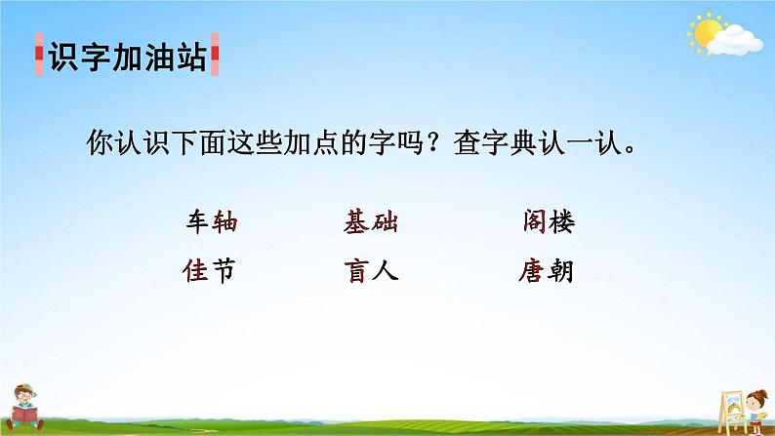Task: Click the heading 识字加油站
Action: click(126, 59)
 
